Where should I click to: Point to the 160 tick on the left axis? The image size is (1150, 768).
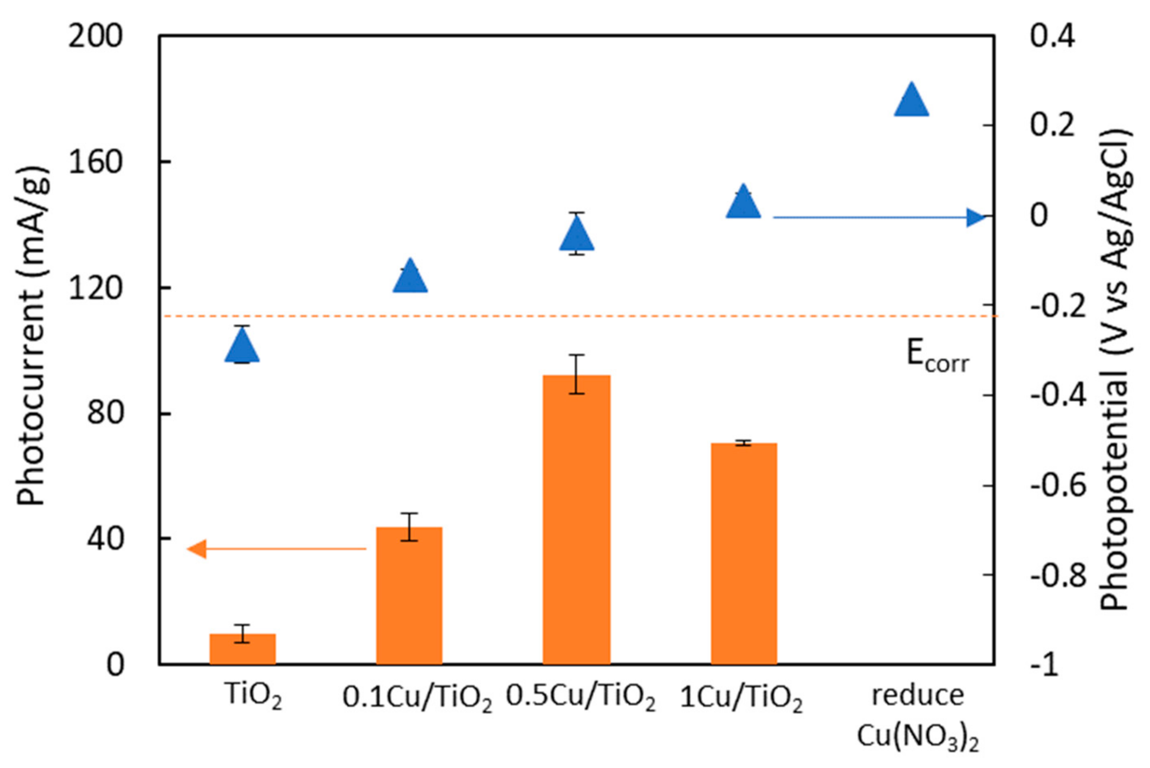pyautogui.click(x=95, y=162)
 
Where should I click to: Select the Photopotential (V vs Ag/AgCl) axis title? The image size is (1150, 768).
pyautogui.click(x=1115, y=370)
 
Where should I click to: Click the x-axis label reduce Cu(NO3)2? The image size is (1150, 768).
pyautogui.click(x=917, y=718)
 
